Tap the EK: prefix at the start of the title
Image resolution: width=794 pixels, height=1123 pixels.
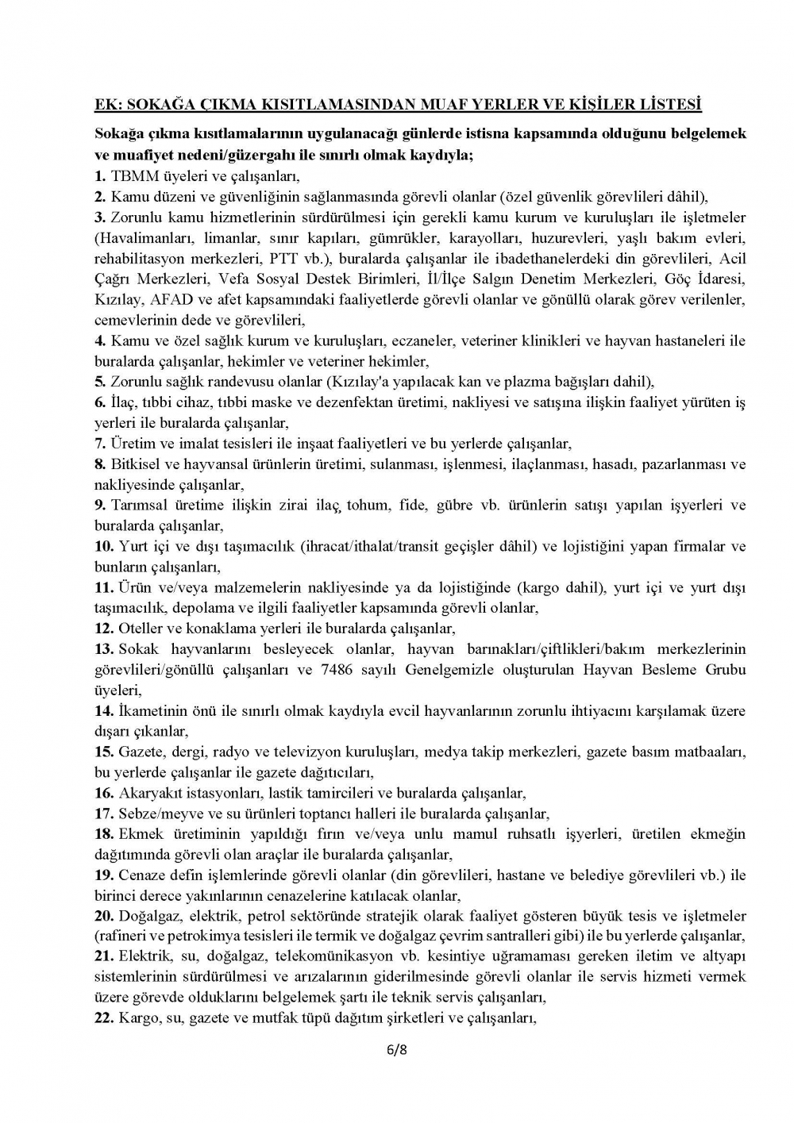107,104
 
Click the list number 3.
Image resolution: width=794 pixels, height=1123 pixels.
100,217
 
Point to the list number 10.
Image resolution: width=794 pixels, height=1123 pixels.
104,547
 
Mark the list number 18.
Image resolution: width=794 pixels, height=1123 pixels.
104,834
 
